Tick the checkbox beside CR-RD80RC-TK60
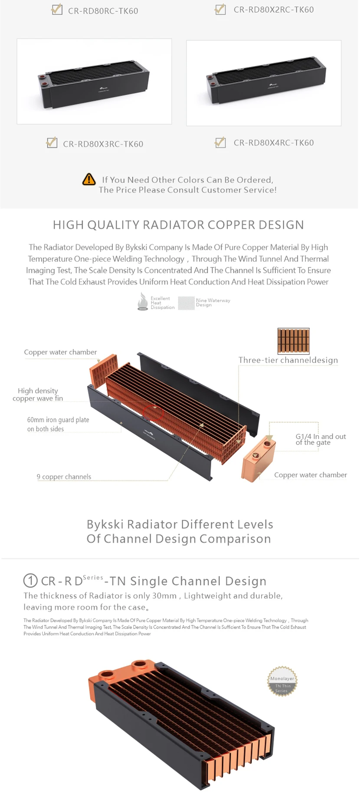tap(57, 10)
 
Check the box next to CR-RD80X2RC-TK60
tap(220, 9)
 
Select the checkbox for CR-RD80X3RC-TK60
tap(52, 142)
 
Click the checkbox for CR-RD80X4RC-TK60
tap(220, 142)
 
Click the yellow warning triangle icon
tap(89, 179)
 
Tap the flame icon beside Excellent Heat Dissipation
tap(142, 302)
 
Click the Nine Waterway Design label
tap(213, 303)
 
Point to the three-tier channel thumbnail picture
tap(293, 341)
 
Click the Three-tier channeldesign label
tap(288, 360)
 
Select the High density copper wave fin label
tap(38, 395)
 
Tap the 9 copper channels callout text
tap(64, 477)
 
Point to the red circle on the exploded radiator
tap(153, 411)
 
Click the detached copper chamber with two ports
tap(259, 459)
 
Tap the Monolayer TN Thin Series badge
tap(282, 681)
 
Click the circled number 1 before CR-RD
tap(30, 581)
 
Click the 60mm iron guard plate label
tap(58, 424)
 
